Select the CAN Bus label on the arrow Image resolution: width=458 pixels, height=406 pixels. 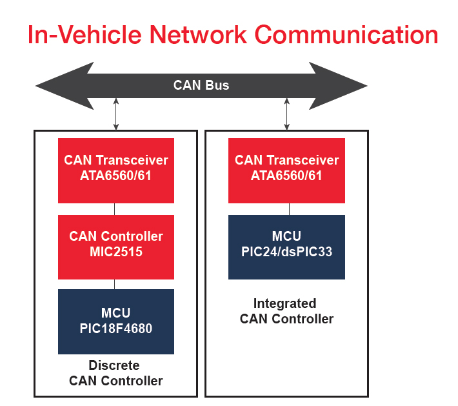coord(201,85)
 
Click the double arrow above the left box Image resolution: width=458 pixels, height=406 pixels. coord(116,114)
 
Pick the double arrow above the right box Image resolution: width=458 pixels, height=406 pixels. coord(286,114)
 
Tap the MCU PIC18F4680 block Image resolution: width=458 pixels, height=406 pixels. coord(116,321)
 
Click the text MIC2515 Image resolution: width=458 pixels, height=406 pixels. coord(116,252)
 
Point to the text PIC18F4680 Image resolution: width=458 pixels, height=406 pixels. coord(116,329)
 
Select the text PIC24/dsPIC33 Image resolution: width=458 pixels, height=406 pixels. coord(286,252)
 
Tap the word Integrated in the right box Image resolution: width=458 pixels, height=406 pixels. coord(284,303)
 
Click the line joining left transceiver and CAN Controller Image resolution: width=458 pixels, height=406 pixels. coord(115,208)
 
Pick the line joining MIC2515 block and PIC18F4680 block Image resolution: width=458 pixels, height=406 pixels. coord(115,284)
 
